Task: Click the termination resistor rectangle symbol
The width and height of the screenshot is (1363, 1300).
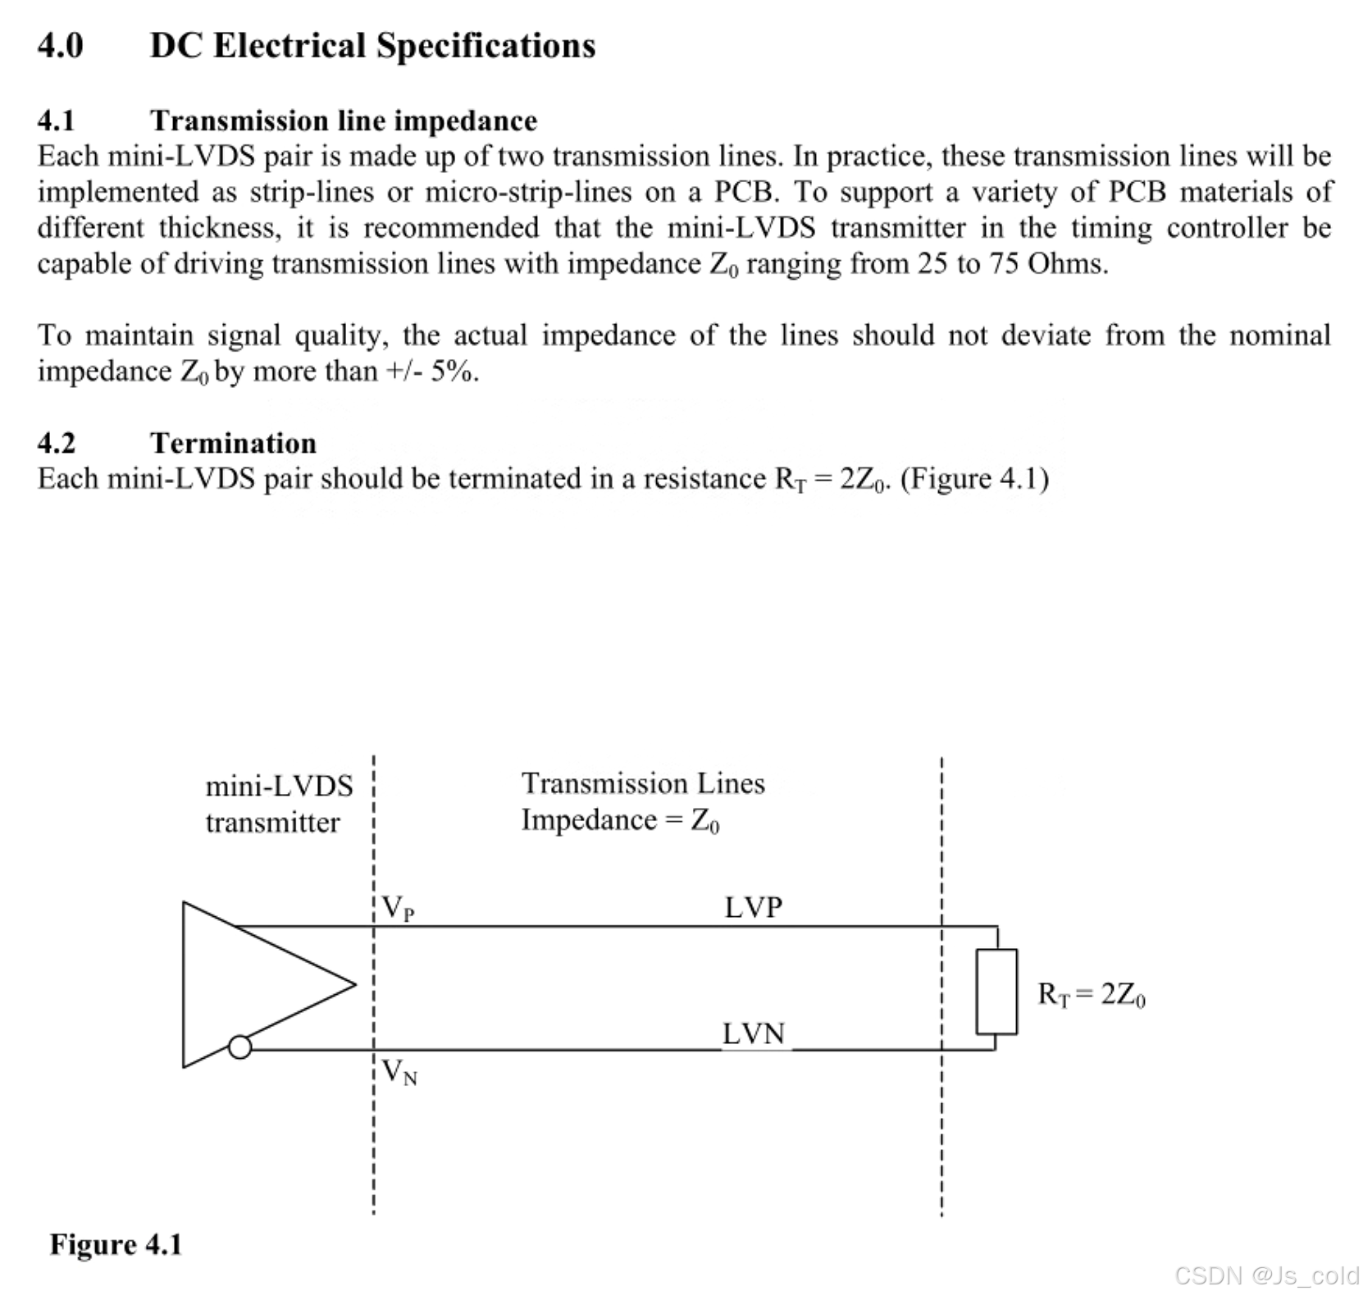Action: point(996,991)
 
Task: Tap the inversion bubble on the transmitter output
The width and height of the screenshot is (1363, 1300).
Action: point(239,1047)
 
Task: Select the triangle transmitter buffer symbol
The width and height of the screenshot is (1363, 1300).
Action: point(246,984)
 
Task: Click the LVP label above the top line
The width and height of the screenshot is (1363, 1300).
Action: point(753,907)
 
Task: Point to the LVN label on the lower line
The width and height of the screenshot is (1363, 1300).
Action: point(753,1033)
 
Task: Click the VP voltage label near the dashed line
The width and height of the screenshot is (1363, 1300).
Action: point(399,909)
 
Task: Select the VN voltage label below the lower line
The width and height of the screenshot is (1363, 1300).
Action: point(399,1072)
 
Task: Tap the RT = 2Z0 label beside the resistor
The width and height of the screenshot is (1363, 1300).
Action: point(1091,994)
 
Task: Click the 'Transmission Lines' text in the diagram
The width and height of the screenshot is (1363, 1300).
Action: point(643,783)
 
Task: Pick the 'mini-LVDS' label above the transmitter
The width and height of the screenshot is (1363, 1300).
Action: point(279,786)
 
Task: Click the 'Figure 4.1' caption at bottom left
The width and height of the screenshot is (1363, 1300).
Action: point(116,1244)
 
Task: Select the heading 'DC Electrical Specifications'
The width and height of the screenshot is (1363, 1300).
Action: point(372,45)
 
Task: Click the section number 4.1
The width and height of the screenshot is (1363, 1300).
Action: point(56,121)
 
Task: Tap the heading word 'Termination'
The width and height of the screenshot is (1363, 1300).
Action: point(233,443)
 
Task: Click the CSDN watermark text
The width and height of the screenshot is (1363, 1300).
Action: point(1266,1275)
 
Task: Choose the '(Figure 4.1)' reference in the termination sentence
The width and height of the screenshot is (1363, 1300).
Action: point(974,478)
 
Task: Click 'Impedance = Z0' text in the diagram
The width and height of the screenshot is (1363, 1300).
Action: point(620,820)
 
